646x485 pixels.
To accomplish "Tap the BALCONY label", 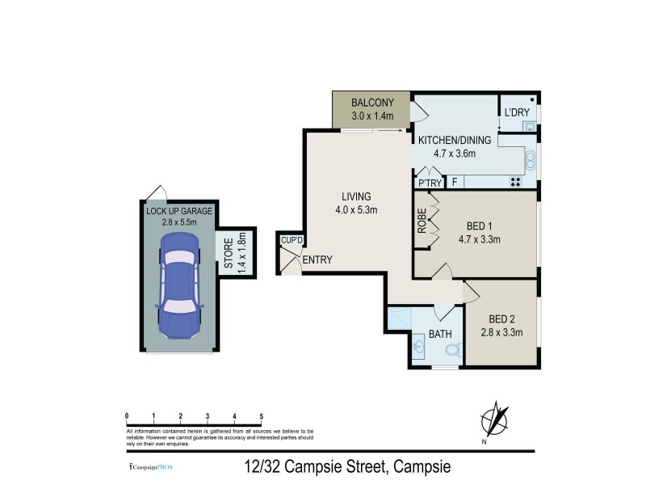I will click(x=371, y=103).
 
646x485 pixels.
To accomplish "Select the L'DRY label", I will click(x=516, y=112).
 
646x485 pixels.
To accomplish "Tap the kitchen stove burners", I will click(x=514, y=181).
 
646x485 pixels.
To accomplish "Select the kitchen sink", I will click(x=531, y=161).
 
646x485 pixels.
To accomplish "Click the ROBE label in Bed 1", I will click(x=422, y=222).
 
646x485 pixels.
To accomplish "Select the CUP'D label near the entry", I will click(x=291, y=240).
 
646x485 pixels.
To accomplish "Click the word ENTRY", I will click(x=317, y=259).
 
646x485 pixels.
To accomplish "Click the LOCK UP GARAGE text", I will click(x=179, y=211).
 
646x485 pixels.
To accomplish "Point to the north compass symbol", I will click(x=495, y=422).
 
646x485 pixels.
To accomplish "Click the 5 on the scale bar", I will click(x=261, y=416).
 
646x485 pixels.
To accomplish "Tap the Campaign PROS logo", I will click(x=151, y=468).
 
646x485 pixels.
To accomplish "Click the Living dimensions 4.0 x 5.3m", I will click(x=355, y=210).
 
